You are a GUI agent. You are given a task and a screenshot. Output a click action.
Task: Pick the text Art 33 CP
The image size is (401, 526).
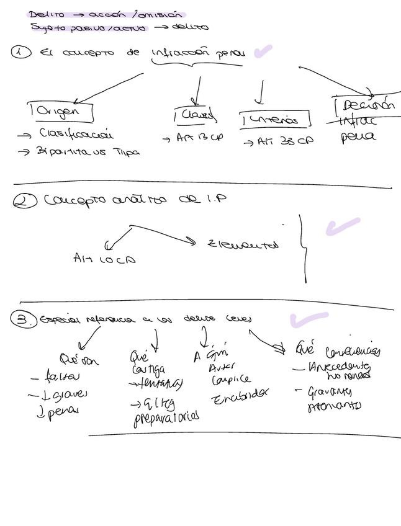[x=277, y=141]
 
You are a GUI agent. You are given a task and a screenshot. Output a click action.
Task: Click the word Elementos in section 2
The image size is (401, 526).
[x=243, y=244]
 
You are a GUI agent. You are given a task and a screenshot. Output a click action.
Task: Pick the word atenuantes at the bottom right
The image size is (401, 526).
[x=334, y=407]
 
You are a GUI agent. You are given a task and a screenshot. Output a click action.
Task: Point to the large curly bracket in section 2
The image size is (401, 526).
[x=304, y=248]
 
